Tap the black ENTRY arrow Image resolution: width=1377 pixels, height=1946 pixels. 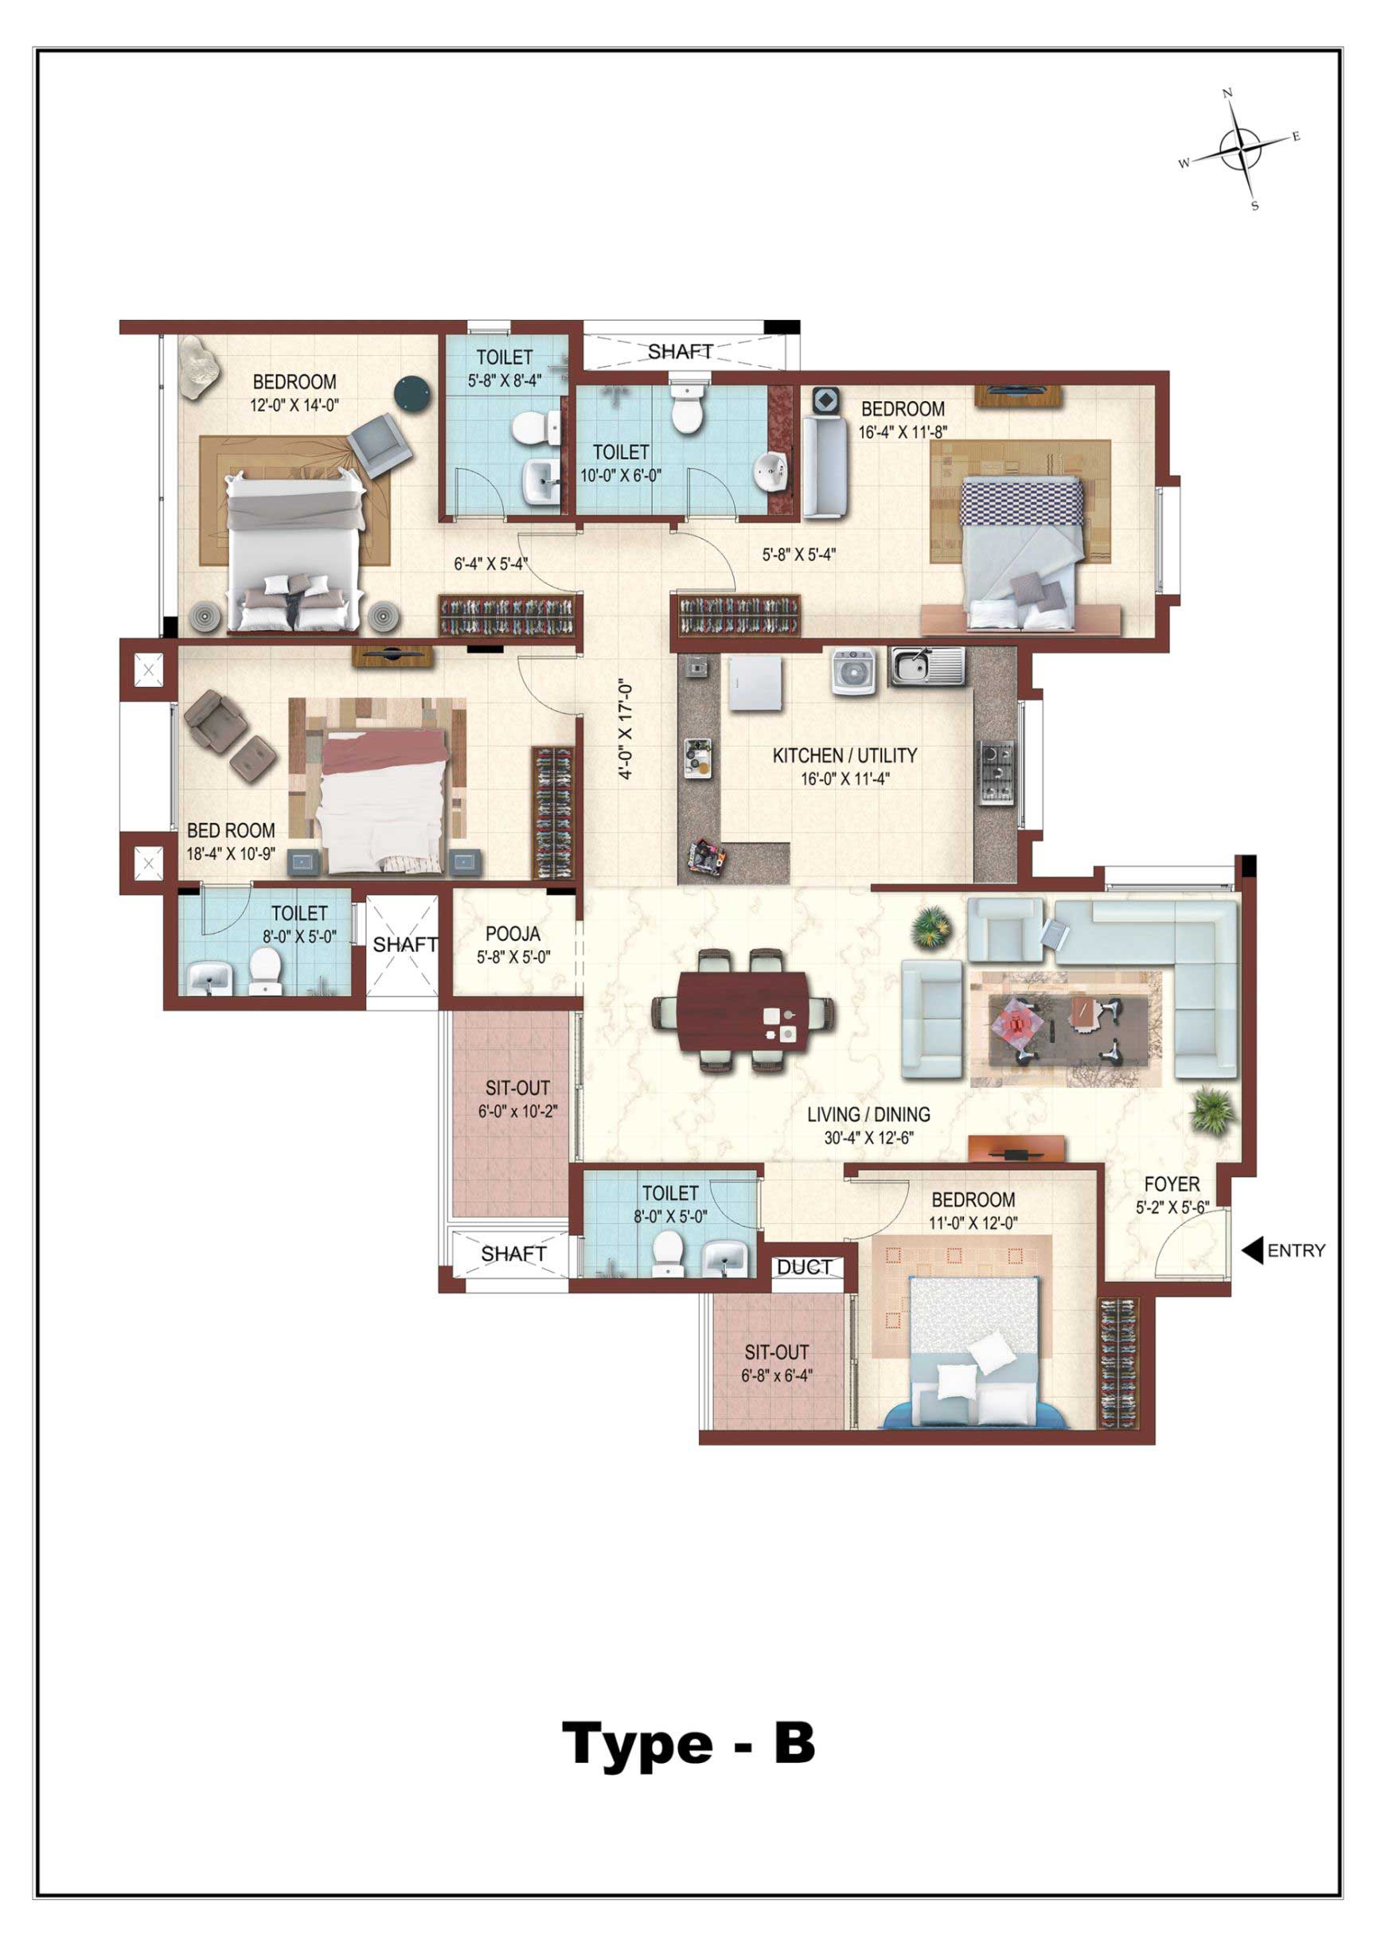pos(1252,1250)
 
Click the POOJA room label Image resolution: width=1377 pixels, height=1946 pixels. pos(513,934)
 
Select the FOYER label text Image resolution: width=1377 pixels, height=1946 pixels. pos(1172,1184)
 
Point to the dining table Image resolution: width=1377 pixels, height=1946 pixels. pos(743,1012)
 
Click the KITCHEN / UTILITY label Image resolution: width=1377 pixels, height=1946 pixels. pos(845,755)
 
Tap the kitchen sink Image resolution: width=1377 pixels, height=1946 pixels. pos(926,666)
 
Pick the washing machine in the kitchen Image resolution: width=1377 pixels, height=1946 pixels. pos(853,671)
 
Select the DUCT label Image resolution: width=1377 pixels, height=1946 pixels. pos(804,1267)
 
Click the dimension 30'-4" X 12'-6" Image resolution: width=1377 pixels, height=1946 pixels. pos(868,1138)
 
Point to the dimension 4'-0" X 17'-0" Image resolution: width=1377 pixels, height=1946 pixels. pos(625,728)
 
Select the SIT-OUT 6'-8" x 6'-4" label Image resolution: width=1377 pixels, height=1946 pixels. pos(777,1363)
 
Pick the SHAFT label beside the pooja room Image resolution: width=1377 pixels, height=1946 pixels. pos(405,944)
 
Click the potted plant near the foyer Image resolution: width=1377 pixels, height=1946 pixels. pos(1213,1110)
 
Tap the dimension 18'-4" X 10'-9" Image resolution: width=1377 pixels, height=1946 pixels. pos(231,853)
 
